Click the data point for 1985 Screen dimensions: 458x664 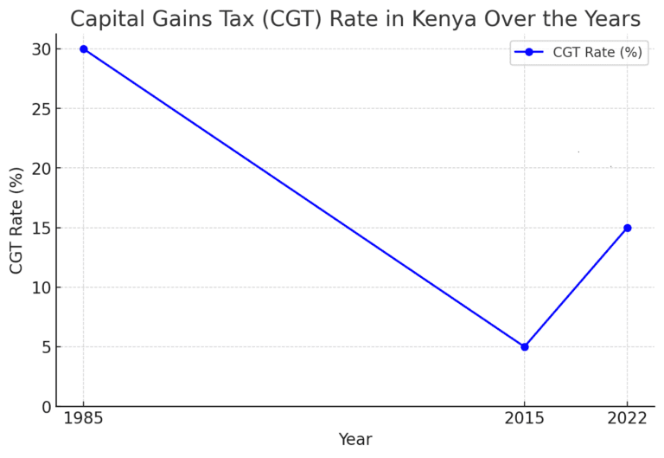coord(84,49)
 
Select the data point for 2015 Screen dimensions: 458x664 coord(524,346)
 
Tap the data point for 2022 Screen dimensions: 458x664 coord(627,228)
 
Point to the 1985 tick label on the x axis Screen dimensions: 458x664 coord(84,418)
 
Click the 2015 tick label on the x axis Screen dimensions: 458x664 coord(524,418)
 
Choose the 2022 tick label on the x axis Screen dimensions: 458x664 coord(627,418)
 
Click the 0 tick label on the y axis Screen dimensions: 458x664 coord(47,406)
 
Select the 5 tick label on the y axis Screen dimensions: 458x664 coord(47,347)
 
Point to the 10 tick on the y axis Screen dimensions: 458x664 coord(41,287)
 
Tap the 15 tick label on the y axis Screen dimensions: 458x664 coord(41,228)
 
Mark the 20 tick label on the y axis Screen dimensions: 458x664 coord(41,168)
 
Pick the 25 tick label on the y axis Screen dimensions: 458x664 coord(41,109)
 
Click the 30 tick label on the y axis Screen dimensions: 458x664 coord(41,49)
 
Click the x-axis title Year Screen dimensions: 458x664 coord(355,440)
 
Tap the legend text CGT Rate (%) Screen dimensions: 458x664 coord(597,52)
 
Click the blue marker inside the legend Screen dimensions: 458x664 coord(529,52)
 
